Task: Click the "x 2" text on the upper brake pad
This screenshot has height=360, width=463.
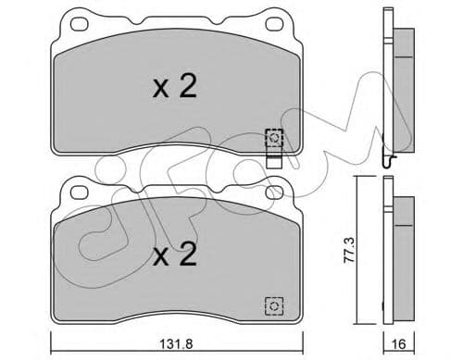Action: coord(173,87)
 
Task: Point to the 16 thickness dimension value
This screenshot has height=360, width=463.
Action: coord(399,342)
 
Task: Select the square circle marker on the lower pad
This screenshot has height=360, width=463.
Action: coord(273,304)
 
